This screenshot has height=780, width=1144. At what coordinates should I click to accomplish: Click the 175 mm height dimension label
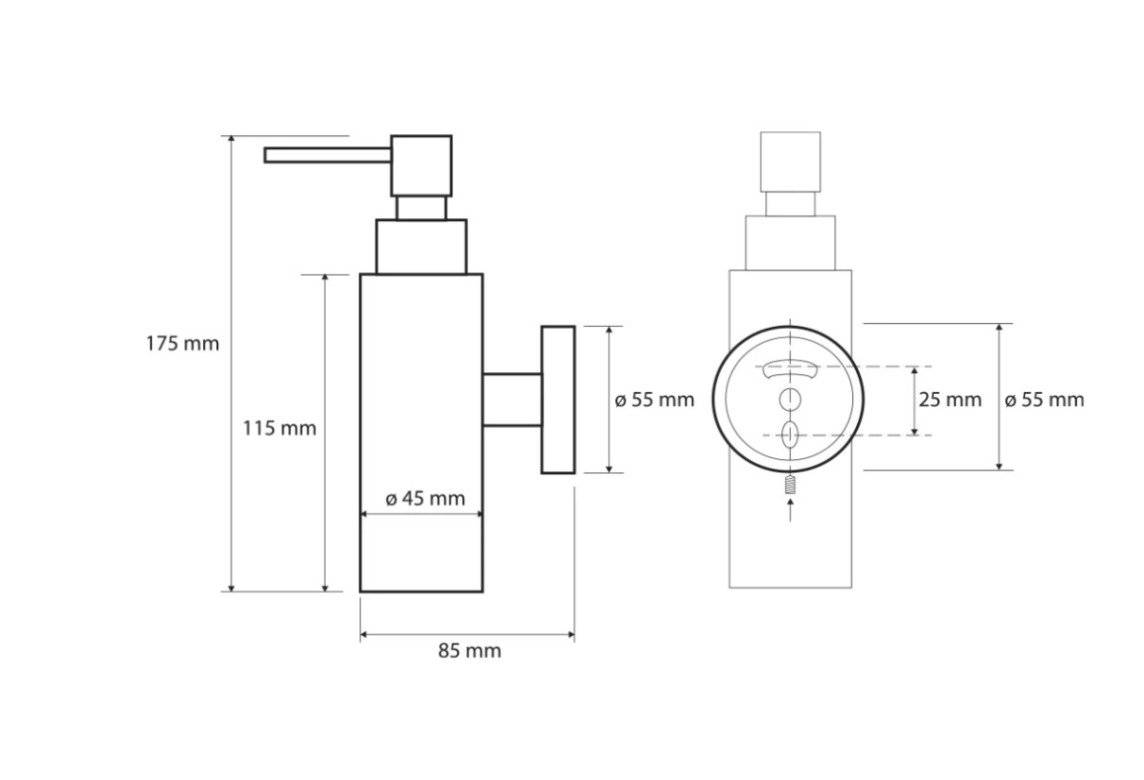182,344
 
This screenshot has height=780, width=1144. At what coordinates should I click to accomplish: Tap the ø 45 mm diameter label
425,499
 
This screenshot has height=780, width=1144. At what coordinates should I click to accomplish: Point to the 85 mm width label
469,651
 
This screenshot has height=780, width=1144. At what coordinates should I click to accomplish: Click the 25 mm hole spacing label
950,399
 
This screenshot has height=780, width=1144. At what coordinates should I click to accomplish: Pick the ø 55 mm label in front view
1044,399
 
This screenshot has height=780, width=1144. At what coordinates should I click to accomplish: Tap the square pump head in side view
421,165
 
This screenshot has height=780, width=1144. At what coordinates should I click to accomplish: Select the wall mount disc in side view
558,399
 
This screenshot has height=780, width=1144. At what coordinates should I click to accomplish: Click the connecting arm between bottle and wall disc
512,399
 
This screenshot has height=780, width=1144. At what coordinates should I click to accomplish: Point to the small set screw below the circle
790,486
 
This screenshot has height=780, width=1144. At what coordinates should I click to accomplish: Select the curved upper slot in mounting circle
790,370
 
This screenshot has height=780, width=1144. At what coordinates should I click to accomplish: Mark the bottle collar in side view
421,246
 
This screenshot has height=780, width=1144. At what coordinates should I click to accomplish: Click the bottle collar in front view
790,244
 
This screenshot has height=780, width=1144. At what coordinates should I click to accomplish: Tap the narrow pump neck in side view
421,208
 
